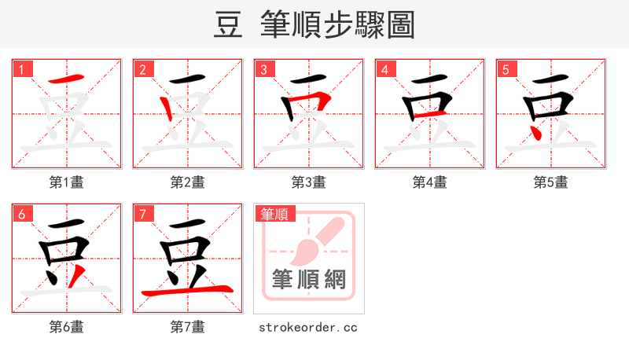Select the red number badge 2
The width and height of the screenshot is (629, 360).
[142, 69]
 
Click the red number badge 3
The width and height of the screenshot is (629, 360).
[263, 69]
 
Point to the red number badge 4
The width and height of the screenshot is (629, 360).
[384, 69]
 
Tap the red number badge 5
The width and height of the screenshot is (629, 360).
[506, 69]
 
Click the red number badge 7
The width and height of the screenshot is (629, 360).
[142, 214]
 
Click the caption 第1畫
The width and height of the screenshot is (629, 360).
[67, 182]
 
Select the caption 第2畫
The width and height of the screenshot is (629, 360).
[188, 182]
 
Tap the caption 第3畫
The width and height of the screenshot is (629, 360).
[309, 182]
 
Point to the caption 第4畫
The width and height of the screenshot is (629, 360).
[430, 182]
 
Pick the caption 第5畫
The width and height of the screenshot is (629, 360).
[551, 182]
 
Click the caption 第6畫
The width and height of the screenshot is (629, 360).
[67, 327]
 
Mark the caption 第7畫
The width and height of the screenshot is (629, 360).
[188, 327]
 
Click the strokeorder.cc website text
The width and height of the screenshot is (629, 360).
[308, 327]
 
